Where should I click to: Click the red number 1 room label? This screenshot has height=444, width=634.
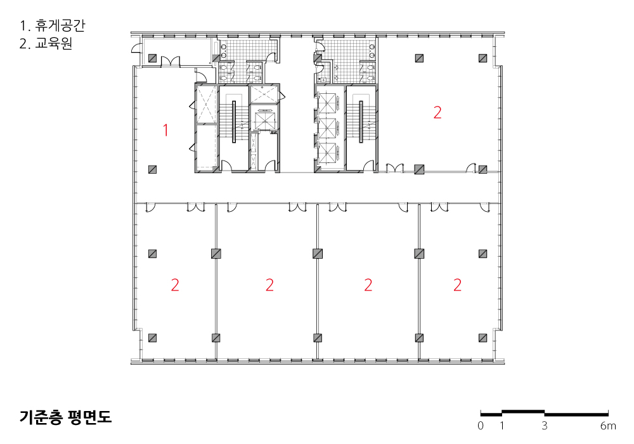pos(165,130)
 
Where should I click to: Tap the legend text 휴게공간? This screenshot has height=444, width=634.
pos(60,26)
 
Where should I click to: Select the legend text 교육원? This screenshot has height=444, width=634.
pos(53,43)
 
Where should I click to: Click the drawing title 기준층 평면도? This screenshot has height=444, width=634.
pos(65,417)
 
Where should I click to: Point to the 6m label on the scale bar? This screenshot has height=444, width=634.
pos(608,426)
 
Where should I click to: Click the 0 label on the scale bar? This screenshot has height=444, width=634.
pos(481,426)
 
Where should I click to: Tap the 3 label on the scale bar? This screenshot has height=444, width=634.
pos(544,426)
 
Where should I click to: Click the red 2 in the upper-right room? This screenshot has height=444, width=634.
pos(437,112)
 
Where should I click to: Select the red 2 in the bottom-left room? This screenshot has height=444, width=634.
pos(175,285)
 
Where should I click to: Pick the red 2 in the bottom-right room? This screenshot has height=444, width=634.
pos(457,285)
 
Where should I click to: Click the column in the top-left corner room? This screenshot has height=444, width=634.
pos(152,58)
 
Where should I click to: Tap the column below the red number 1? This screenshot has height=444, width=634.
pos(152,169)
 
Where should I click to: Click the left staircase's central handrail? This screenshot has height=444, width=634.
pos(234,122)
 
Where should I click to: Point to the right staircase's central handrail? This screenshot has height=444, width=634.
pos(361,122)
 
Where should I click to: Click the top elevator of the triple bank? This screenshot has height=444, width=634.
pos(328,103)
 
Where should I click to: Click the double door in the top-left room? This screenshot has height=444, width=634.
pos(170,62)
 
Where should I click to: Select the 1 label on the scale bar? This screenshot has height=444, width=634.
pos(501,426)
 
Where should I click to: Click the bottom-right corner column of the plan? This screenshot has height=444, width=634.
pos(482,337)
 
